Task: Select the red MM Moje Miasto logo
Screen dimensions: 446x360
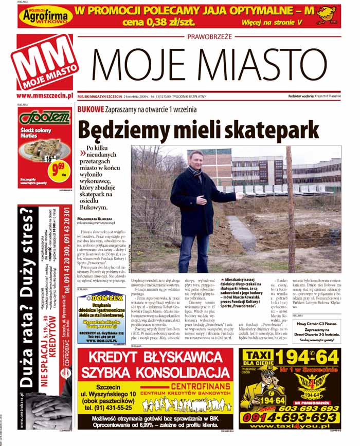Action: tap(44, 62)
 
